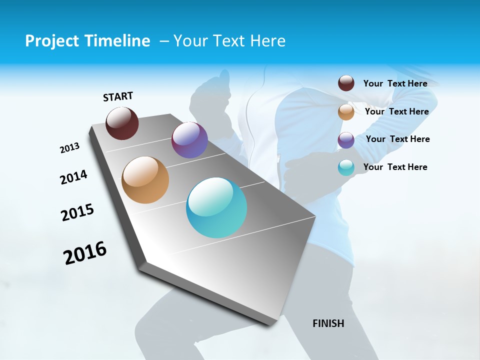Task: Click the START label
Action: click(118, 96)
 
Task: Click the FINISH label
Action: click(328, 323)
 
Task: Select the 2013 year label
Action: click(69, 148)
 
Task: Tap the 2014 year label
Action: click(73, 177)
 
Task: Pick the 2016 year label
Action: click(85, 253)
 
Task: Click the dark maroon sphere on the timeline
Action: click(122, 123)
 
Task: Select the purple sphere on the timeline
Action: click(189, 140)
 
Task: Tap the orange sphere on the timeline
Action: click(145, 180)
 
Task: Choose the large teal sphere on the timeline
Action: click(216, 208)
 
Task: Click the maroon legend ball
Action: click(346, 83)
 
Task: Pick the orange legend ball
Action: click(346, 112)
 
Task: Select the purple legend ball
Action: click(346, 140)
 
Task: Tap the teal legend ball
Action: click(346, 168)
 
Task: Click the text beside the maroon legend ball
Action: click(395, 83)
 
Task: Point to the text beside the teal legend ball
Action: click(395, 167)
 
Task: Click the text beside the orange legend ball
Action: click(396, 111)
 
